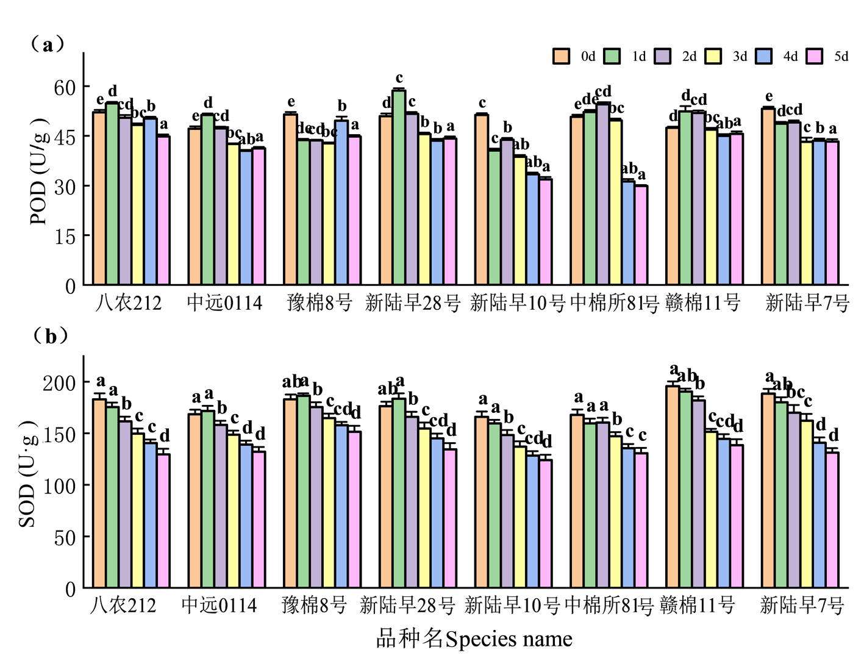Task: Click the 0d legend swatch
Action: pyautogui.click(x=561, y=56)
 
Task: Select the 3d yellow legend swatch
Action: pyautogui.click(x=713, y=56)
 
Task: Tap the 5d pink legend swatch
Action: pyautogui.click(x=815, y=56)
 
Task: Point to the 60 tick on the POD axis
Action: pyautogui.click(x=65, y=88)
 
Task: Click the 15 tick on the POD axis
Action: pyautogui.click(x=65, y=237)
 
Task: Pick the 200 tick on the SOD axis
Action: pyautogui.click(x=59, y=383)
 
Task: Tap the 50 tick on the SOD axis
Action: pyautogui.click(x=65, y=538)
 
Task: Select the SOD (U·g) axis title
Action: pyautogui.click(x=27, y=474)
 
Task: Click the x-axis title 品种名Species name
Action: pyautogui.click(x=474, y=639)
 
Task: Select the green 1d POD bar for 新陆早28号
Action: pyautogui.click(x=399, y=187)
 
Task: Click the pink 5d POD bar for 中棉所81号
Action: pyautogui.click(x=641, y=235)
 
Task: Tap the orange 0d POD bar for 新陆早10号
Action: pyautogui.click(x=482, y=199)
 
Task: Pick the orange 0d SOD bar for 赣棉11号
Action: pyautogui.click(x=673, y=487)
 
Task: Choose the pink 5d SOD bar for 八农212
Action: pyautogui.click(x=163, y=520)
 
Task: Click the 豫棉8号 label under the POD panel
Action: pyautogui.click(x=320, y=302)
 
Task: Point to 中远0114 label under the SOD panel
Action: pyautogui.click(x=219, y=605)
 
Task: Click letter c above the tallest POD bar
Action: pyautogui.click(x=399, y=78)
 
